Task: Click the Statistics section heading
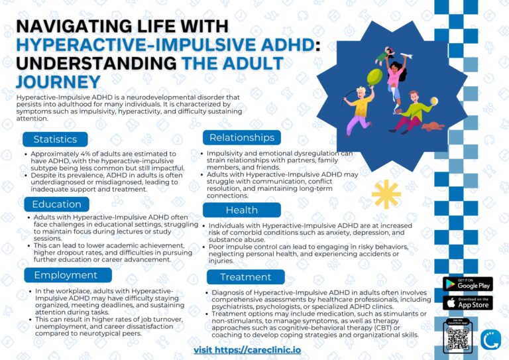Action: click(x=55, y=139)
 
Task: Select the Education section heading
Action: click(x=56, y=204)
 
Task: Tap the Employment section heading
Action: click(x=68, y=275)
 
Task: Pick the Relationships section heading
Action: click(x=242, y=138)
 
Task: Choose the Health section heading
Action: click(x=242, y=210)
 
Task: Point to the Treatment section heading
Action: click(x=246, y=277)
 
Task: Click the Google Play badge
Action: click(x=468, y=284)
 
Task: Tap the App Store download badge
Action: click(x=468, y=303)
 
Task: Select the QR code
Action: click(x=458, y=339)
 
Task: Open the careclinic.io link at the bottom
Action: click(x=247, y=350)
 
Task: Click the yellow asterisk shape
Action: click(x=386, y=194)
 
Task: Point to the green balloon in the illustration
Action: click(x=374, y=78)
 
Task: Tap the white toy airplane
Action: click(x=406, y=56)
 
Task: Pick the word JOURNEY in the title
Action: click(x=58, y=82)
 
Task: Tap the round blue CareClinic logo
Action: click(x=490, y=339)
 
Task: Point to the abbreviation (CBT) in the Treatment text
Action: click(x=382, y=328)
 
